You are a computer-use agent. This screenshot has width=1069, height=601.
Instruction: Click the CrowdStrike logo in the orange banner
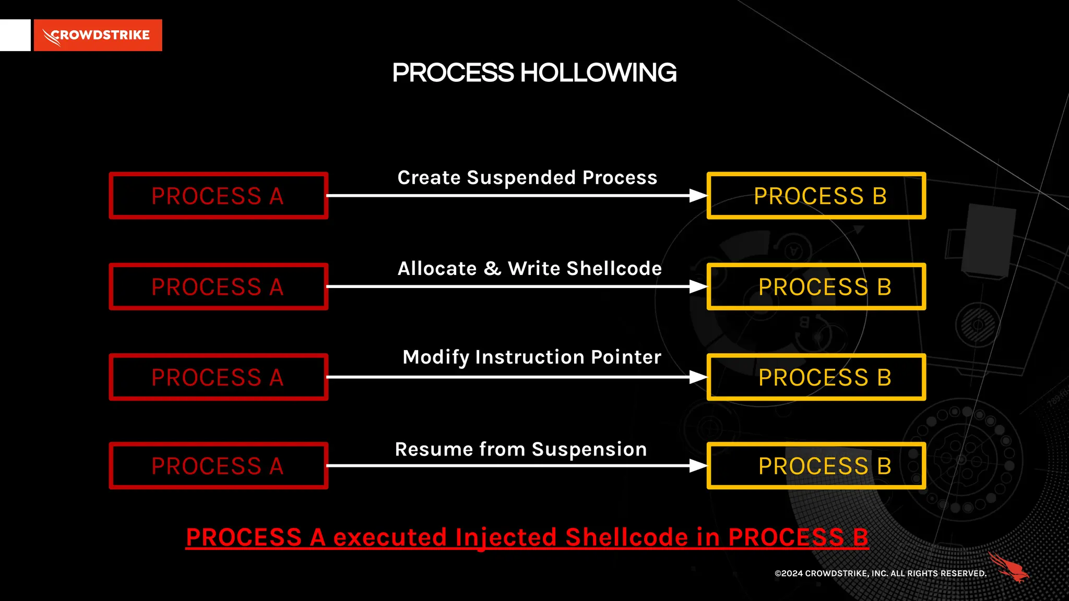(98, 35)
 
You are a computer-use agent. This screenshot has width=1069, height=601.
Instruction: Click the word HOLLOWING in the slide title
(598, 73)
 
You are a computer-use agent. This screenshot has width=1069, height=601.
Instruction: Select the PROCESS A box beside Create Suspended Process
(218, 196)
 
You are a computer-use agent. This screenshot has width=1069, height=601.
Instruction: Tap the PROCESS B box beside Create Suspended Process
(816, 196)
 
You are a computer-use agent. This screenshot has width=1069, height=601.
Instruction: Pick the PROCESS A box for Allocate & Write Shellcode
(218, 287)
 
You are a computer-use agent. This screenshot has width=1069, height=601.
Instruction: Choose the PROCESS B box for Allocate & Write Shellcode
(816, 287)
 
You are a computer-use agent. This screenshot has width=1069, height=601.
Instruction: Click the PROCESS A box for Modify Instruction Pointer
(218, 377)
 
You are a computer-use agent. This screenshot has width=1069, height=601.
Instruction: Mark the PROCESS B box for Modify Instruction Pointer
(816, 377)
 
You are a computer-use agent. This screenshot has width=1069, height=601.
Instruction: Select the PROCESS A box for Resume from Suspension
(218, 466)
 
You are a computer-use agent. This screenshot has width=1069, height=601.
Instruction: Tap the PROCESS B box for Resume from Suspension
(816, 466)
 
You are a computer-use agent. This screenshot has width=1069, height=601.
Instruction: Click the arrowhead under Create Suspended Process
(698, 196)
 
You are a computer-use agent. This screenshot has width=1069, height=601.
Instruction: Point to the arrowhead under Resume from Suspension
(698, 466)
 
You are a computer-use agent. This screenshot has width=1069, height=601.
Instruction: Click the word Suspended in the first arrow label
(521, 178)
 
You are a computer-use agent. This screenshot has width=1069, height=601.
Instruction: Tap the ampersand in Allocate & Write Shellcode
(492, 269)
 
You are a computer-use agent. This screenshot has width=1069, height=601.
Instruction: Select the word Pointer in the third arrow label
(626, 357)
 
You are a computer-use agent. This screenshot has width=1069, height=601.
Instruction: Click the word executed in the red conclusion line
(390, 537)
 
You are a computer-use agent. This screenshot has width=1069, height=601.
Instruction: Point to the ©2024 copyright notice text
(880, 573)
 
